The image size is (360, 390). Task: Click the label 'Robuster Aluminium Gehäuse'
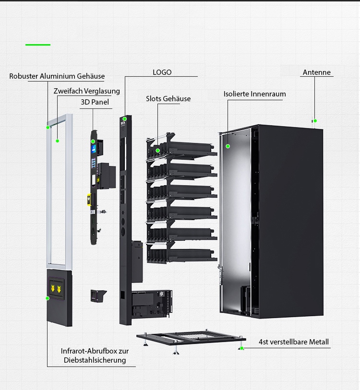click(x=57, y=76)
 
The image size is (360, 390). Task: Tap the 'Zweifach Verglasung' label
click(x=87, y=91)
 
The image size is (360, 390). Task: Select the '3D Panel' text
click(x=95, y=102)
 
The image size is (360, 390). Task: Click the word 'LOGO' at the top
click(x=162, y=72)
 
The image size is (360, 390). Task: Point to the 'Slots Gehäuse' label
click(x=168, y=99)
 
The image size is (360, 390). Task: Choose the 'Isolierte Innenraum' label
click(x=254, y=94)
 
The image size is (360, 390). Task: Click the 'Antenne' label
click(x=317, y=72)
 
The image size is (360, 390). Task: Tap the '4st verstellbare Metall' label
click(x=294, y=342)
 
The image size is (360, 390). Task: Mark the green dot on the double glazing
click(x=57, y=141)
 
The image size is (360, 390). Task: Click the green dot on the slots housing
click(x=157, y=151)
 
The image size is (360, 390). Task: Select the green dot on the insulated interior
click(x=228, y=146)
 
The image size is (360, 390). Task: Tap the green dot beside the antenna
click(x=315, y=121)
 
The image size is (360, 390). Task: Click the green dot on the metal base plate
click(x=241, y=348)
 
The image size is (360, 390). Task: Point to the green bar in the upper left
click(x=38, y=45)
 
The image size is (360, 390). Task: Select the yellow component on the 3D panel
click(x=89, y=199)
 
